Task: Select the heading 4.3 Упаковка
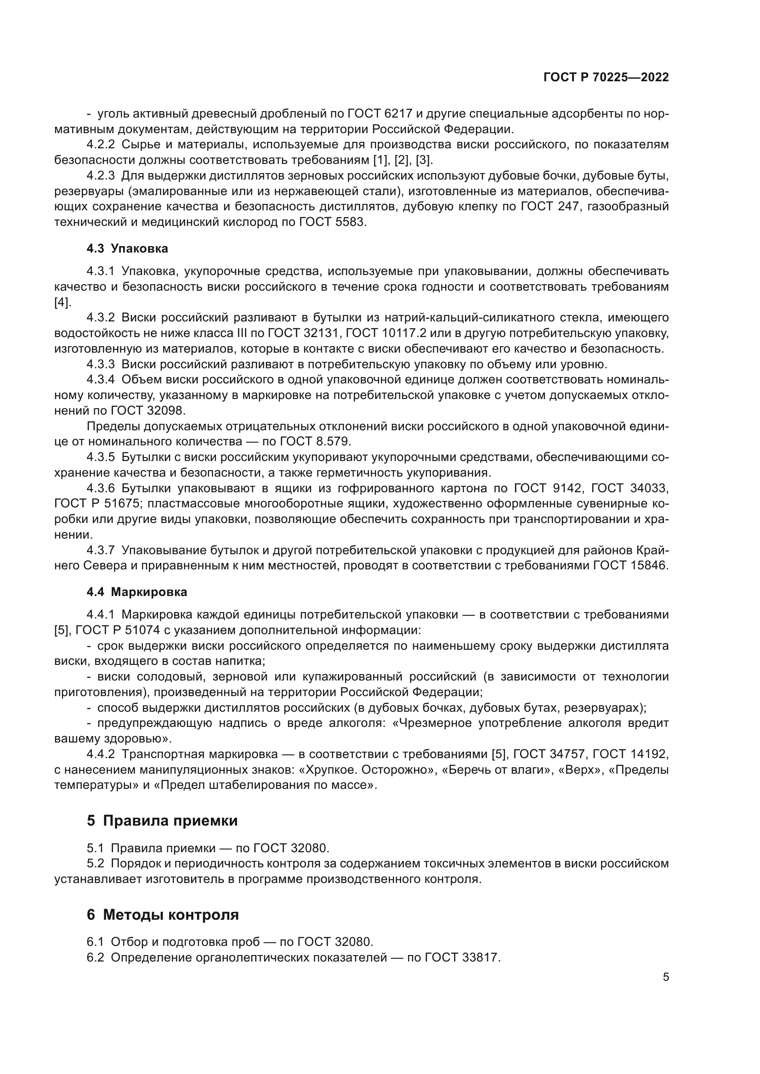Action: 127,248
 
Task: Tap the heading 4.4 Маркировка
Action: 136,592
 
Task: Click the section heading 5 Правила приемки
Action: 162,821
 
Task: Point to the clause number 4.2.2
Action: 101,145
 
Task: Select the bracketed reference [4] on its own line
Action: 62,302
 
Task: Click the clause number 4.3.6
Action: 101,489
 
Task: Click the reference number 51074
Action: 142,630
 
